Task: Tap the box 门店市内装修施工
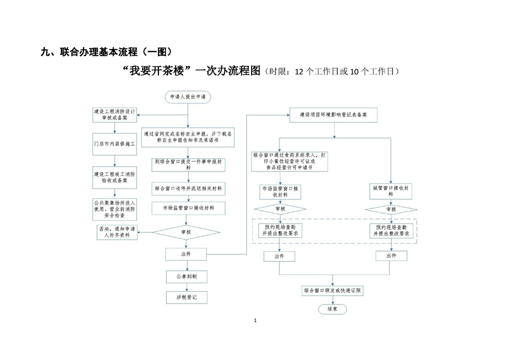(115, 144)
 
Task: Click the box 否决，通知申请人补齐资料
(117, 232)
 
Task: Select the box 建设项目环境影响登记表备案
(333, 115)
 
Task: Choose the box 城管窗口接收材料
(391, 191)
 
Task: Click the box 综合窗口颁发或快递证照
(333, 290)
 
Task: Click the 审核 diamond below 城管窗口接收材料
(391, 210)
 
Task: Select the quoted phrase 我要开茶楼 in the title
(157, 72)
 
